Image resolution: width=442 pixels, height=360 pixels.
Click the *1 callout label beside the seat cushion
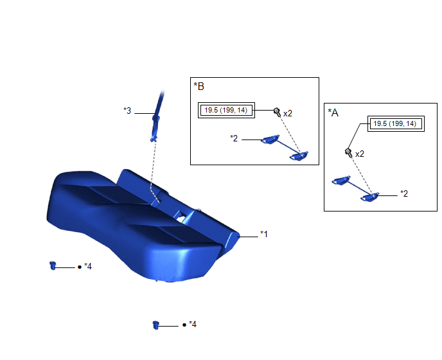pyautogui.click(x=264, y=234)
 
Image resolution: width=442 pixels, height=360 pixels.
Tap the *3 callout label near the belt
pyautogui.click(x=127, y=111)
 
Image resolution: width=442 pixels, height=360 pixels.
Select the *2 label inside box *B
pyautogui.click(x=234, y=138)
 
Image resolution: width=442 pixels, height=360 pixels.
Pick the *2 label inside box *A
pyautogui.click(x=404, y=194)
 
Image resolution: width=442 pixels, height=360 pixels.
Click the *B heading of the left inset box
pyautogui.click(x=199, y=86)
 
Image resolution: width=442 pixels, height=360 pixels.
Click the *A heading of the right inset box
pyautogui.click(x=333, y=113)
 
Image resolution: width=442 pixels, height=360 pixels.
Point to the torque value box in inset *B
pyautogui.click(x=226, y=110)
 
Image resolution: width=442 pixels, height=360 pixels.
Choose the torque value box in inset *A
pyautogui.click(x=396, y=123)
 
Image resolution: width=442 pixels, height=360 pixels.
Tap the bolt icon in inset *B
pyautogui.click(x=277, y=112)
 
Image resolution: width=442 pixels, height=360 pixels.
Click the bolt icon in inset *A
pyautogui.click(x=349, y=152)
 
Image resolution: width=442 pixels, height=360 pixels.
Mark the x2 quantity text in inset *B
pyautogui.click(x=288, y=113)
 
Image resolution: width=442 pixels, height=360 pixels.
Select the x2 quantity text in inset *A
pyautogui.click(x=360, y=154)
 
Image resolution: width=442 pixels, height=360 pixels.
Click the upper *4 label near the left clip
pyautogui.click(x=88, y=266)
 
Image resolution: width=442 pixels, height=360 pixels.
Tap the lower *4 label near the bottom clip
pyautogui.click(x=193, y=324)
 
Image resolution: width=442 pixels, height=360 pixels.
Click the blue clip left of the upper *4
pyautogui.click(x=53, y=265)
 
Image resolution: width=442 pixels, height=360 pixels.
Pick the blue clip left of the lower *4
pyautogui.click(x=156, y=325)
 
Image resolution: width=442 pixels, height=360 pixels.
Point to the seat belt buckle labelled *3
pyautogui.click(x=155, y=127)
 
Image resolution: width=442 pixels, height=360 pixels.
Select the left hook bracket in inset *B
pyautogui.click(x=270, y=139)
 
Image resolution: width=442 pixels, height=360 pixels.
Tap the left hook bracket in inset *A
pyautogui.click(x=341, y=180)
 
